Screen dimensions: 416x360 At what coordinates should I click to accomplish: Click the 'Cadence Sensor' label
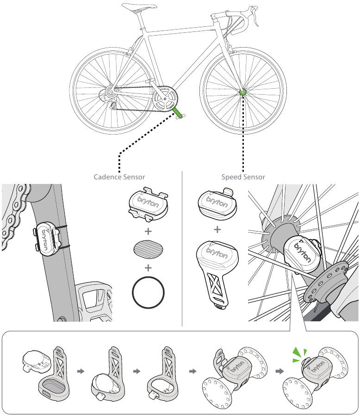[119, 177]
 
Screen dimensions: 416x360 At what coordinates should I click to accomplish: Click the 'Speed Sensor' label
[243, 177]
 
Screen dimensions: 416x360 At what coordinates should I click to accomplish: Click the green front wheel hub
[242, 92]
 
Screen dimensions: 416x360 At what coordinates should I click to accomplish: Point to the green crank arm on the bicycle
[178, 110]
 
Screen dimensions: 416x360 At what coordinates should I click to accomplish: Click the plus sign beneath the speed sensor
[217, 229]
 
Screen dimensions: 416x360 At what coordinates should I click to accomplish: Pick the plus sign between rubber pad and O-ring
[149, 268]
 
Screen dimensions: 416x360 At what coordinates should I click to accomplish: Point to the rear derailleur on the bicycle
[110, 99]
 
